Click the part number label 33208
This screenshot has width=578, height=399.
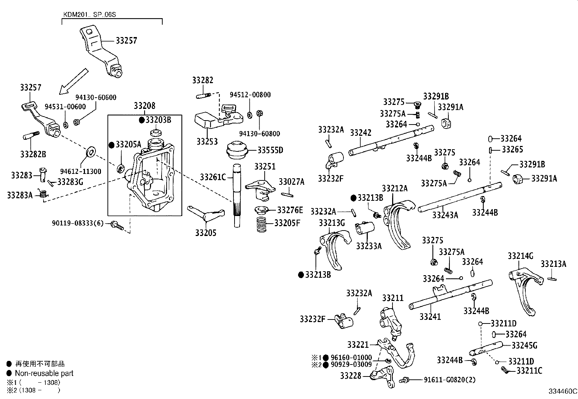[144, 106]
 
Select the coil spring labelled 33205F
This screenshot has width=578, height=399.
[261, 224]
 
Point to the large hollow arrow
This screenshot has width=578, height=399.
[73, 81]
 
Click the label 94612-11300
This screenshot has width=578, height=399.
[81, 171]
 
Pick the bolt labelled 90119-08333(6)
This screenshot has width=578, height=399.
[117, 225]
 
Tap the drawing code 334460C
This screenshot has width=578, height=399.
[563, 391]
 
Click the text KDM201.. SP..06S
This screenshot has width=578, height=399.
[90, 15]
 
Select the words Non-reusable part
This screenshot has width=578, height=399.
[44, 373]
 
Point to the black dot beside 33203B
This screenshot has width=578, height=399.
[142, 120]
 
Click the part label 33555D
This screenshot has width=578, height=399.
[270, 150]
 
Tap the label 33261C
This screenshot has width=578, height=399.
[213, 177]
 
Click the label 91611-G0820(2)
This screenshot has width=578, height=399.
[449, 380]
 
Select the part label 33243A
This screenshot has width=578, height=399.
[445, 215]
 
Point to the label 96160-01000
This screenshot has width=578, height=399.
[351, 358]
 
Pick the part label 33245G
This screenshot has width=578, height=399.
[524, 345]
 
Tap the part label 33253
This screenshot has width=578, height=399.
[207, 142]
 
